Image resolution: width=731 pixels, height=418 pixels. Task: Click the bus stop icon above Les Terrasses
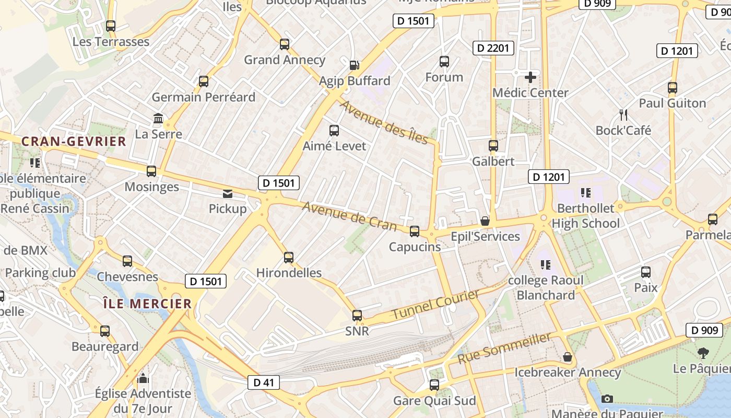[110, 26]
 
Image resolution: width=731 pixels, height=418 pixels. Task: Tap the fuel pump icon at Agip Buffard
[354, 65]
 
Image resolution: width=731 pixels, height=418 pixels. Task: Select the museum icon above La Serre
[158, 119]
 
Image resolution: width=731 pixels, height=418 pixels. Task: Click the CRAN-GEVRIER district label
[74, 141]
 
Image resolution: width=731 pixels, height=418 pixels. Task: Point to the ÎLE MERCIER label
[147, 304]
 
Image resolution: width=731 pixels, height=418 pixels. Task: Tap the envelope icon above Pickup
[228, 194]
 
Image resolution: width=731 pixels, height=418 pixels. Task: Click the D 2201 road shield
[493, 49]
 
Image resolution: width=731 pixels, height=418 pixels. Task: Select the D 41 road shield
[264, 382]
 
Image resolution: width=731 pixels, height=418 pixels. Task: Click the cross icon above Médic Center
[530, 78]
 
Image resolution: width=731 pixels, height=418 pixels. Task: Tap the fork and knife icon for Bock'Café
[623, 115]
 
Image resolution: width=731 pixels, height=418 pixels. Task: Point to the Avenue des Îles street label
[384, 122]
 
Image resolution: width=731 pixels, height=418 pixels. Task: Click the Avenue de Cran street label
[350, 215]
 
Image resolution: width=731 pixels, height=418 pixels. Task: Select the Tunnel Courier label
[435, 305]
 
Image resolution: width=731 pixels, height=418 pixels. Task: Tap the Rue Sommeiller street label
[504, 349]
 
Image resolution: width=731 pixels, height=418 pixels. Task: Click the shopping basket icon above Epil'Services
[485, 222]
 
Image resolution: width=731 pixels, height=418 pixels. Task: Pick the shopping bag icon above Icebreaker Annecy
[568, 357]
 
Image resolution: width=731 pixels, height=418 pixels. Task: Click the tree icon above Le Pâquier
[703, 353]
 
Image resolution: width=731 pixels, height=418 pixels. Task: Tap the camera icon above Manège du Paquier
[607, 399]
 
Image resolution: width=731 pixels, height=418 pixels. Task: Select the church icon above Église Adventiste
[143, 378]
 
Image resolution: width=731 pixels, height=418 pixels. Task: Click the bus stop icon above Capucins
[415, 231]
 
